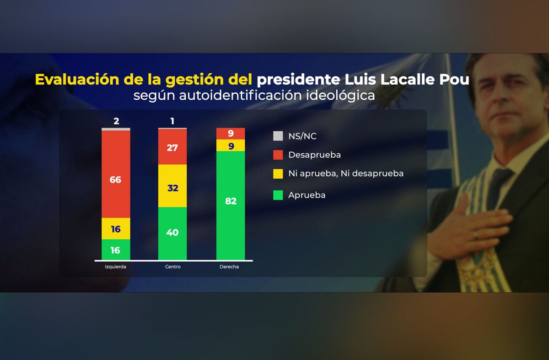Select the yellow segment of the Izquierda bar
pos(116,228)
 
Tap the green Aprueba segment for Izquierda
pos(116,249)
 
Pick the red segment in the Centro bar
pos(172,147)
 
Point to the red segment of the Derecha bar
pos(231,134)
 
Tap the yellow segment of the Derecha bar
pos(231,145)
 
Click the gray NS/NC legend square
pos(278,136)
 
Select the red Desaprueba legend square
pos(278,155)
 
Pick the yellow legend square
pos(278,173)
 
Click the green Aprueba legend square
pos(278,195)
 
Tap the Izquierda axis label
pos(116,267)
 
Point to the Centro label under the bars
pos(172,267)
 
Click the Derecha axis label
pos(230,267)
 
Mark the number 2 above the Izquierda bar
pos(116,121)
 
